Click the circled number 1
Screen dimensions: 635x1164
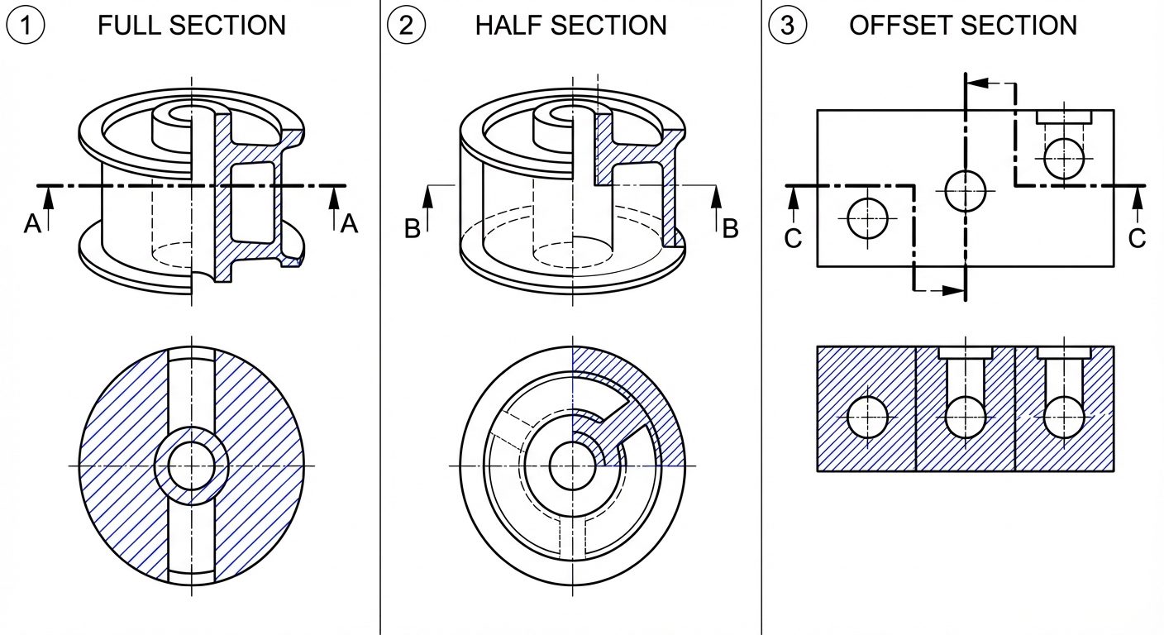[26, 26]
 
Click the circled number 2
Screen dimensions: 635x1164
[406, 26]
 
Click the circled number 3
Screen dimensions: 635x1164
[787, 26]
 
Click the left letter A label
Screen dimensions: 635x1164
[31, 224]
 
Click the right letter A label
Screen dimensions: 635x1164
[349, 224]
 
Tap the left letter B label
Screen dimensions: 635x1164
[413, 230]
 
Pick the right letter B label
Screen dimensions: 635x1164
[730, 230]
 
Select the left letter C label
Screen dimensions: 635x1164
[793, 238]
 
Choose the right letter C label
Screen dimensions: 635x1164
[1138, 238]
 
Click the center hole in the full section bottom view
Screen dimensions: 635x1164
[192, 466]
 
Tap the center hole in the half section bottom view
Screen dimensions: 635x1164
[572, 466]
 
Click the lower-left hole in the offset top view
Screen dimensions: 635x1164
[866, 219]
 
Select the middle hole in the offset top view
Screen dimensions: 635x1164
[965, 190]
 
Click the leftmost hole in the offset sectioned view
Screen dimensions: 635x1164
[866, 417]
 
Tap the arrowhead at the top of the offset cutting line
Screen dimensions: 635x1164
[976, 83]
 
